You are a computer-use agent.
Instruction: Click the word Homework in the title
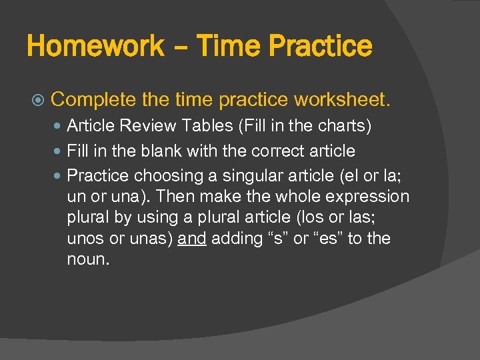point(95,47)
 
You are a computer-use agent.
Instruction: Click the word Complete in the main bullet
point(93,101)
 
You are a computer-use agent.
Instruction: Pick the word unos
point(84,239)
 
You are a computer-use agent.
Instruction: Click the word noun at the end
point(87,259)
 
